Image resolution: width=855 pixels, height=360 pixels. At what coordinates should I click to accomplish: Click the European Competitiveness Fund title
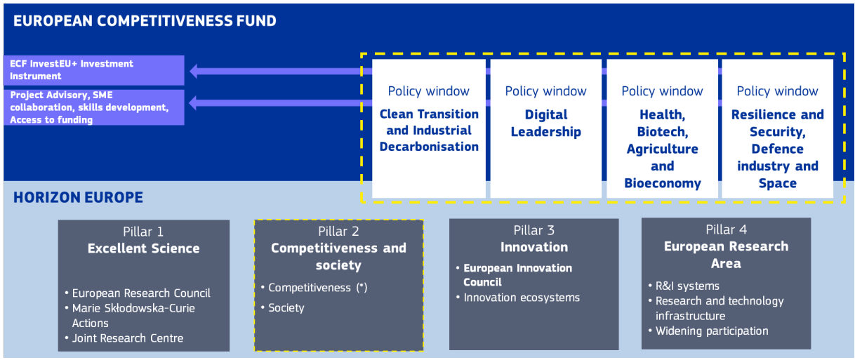click(x=145, y=21)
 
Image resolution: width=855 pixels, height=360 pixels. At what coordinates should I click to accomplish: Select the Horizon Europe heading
click(x=78, y=197)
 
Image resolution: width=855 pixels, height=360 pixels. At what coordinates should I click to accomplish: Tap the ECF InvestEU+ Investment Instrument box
click(x=93, y=70)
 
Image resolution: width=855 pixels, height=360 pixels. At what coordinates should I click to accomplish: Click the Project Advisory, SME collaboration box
click(x=93, y=107)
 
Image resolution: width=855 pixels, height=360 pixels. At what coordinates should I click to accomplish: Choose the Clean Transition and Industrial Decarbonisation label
click(x=429, y=130)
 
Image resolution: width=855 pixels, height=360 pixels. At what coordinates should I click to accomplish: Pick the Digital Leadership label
click(x=545, y=124)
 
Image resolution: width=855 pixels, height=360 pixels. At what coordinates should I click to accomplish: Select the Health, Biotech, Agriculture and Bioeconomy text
click(x=662, y=149)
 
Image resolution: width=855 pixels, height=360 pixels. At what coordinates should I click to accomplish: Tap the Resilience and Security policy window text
click(x=777, y=149)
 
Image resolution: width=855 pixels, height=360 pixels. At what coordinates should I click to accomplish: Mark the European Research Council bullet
click(x=141, y=293)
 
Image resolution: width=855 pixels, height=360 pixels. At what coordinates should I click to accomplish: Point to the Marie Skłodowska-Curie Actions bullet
click(x=133, y=316)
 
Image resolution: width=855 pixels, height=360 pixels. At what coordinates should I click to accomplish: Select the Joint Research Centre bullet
click(x=128, y=338)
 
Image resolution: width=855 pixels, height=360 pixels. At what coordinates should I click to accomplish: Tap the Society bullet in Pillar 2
click(x=286, y=308)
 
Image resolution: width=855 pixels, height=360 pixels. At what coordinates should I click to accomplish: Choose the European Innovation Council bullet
click(x=517, y=275)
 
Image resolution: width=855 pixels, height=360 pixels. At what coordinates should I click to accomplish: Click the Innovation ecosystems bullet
click(x=522, y=298)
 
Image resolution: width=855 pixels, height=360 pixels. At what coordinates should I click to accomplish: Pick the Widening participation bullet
click(x=712, y=331)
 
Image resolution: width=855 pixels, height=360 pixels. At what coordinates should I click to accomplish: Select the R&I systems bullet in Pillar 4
click(x=687, y=286)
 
